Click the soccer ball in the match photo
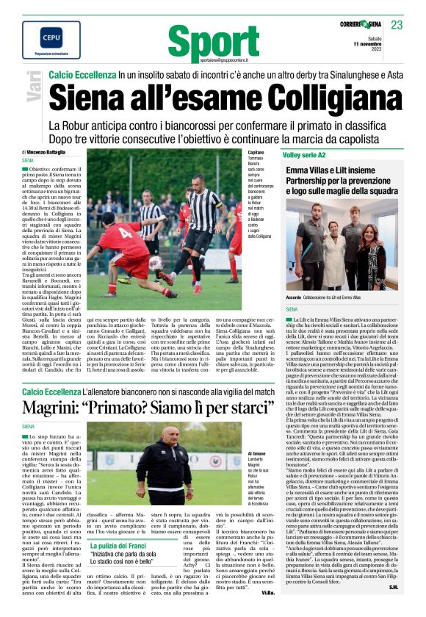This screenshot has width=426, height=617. tap(156, 261)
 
